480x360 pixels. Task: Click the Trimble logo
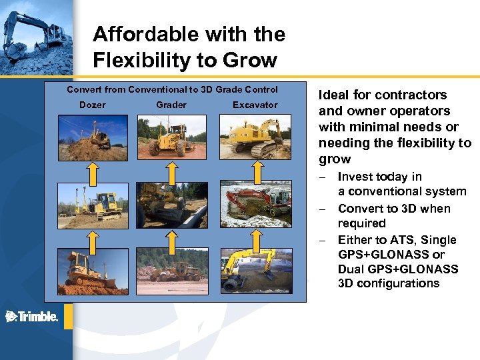(32, 317)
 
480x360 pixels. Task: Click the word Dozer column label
(93, 105)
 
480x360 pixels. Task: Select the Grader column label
(171, 105)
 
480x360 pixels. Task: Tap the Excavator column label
(255, 105)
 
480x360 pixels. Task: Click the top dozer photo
(93, 138)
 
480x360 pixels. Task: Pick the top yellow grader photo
(171, 138)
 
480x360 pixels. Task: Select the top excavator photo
(255, 138)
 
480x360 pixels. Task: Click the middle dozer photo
(93, 205)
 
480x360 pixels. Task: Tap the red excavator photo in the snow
(255, 205)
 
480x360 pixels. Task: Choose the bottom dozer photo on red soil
(93, 271)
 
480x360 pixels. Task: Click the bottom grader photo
(171, 271)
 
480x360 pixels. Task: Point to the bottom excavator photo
(255, 271)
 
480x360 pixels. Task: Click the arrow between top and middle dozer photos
(93, 171)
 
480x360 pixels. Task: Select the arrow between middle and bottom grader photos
(171, 238)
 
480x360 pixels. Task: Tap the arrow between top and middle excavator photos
(255, 171)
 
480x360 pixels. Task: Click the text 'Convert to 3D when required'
(393, 215)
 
